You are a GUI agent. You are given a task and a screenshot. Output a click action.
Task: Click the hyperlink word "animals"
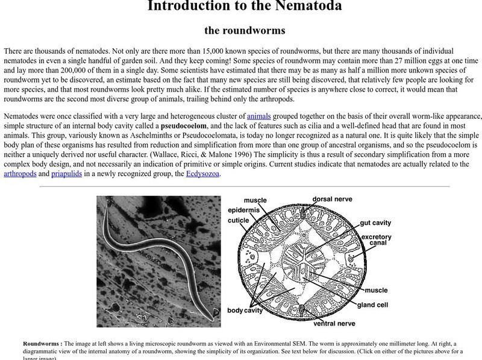[259, 116]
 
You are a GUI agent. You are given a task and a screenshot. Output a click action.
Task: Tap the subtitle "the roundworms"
[245, 30]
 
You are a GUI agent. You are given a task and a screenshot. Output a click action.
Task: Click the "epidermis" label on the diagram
[243, 209]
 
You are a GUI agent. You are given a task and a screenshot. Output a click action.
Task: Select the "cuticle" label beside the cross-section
[237, 220]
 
